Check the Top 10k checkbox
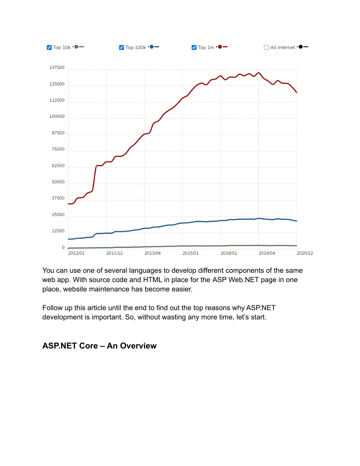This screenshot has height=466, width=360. point(49,47)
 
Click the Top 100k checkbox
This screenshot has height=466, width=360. point(122,47)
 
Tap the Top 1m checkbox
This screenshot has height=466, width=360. point(194,47)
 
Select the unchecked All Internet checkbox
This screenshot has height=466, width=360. point(266,47)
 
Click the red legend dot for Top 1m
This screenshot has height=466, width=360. point(220,47)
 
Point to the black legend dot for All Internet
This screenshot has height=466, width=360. point(301,47)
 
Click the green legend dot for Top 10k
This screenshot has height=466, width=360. point(76,47)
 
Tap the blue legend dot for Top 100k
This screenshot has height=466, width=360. point(152,47)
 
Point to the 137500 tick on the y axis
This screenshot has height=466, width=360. point(57,68)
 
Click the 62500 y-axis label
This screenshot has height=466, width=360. point(58,166)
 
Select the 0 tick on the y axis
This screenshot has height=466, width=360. point(63,247)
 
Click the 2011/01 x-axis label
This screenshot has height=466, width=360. point(76,253)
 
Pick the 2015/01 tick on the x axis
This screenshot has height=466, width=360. point(191,253)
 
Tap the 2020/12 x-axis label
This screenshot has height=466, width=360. point(305,253)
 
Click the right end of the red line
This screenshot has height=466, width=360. point(297,92)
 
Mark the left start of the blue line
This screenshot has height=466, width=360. point(68,239)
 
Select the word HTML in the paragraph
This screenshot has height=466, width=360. point(153,280)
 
